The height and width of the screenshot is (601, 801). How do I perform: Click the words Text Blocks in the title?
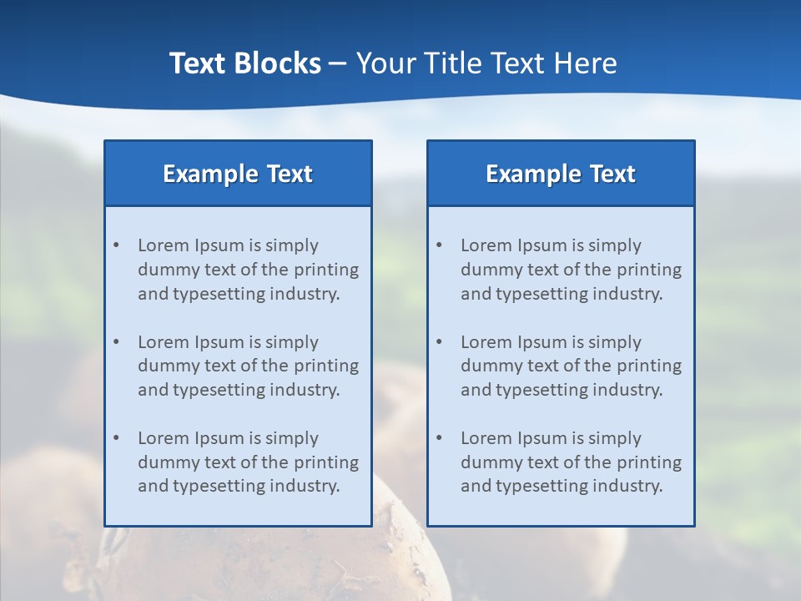(x=244, y=63)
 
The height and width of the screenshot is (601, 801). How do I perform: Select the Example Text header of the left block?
(x=238, y=174)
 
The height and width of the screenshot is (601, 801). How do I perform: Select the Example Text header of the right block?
(x=561, y=174)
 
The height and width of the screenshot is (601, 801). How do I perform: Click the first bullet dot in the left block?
(x=116, y=245)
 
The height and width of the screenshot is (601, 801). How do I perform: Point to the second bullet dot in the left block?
(x=116, y=342)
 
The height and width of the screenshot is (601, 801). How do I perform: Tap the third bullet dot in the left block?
(x=116, y=438)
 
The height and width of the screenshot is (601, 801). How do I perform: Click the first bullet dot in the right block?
(x=439, y=245)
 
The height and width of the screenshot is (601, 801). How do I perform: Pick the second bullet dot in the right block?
(x=439, y=342)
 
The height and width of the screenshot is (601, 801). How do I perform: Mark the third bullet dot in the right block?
(x=439, y=438)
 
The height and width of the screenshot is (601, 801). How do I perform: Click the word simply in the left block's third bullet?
(x=292, y=438)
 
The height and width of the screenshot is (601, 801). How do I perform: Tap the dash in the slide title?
(x=338, y=64)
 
